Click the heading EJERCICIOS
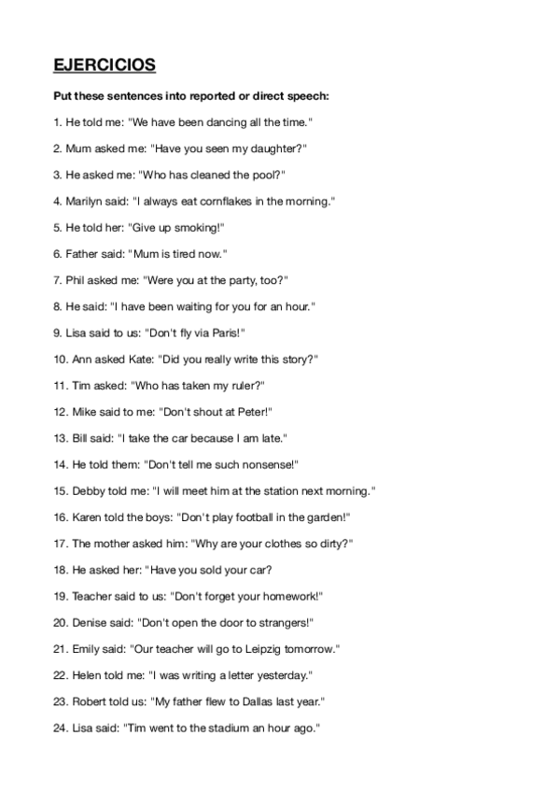(x=104, y=65)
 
